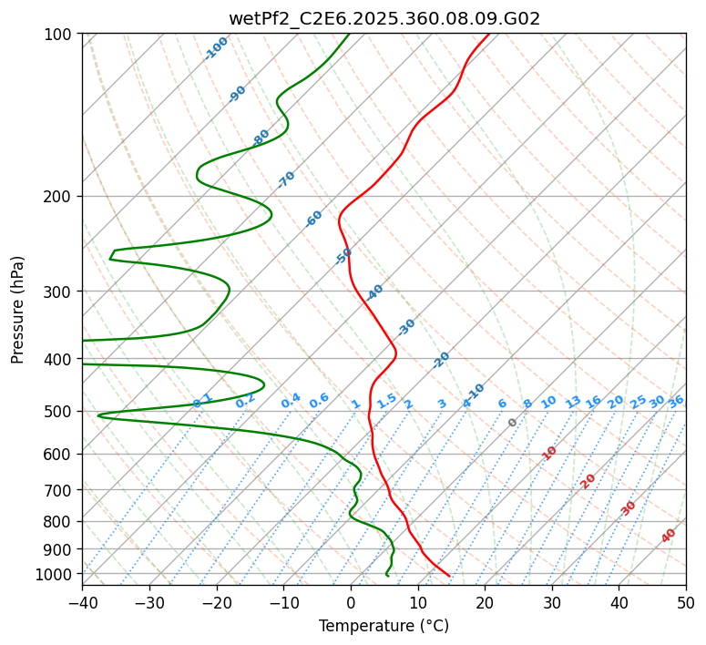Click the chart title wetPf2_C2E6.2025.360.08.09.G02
pos(384,18)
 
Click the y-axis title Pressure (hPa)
pos(18,310)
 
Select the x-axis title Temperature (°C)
pos(384,627)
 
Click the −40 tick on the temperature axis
pos(82,603)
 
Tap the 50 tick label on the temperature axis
pos(686,603)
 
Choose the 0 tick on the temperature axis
pos(351,603)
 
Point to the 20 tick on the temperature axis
pos(485,603)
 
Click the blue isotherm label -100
pos(217,47)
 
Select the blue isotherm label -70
pos(286,179)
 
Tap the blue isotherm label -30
pos(406,327)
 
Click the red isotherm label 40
pos(669,536)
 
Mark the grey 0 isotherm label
pos(513,423)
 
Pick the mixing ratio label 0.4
pos(291,401)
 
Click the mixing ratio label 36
pos(676,401)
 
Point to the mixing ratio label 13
pos(573,402)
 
